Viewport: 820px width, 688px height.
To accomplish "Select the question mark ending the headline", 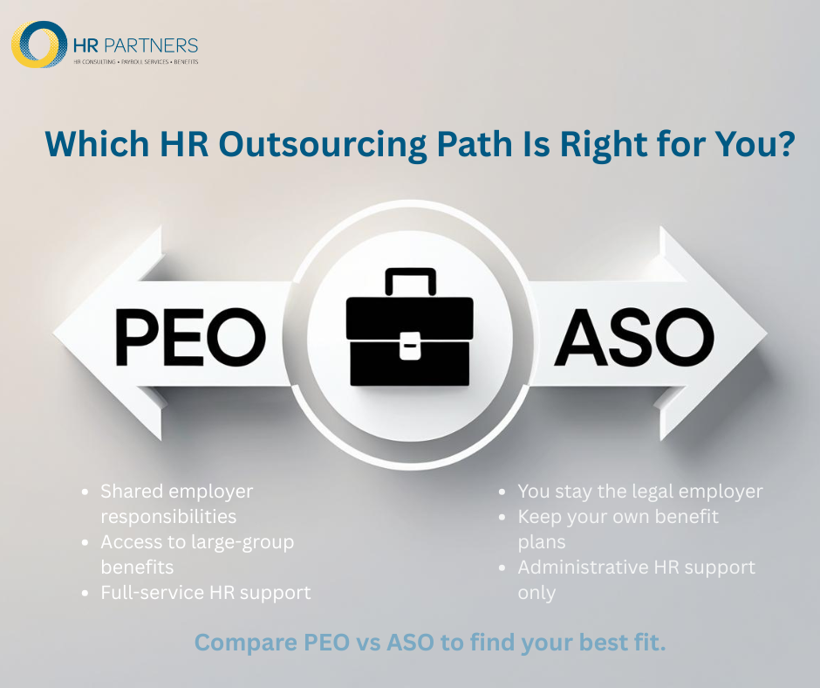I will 783,145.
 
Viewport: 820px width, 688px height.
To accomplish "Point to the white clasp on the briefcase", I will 409,348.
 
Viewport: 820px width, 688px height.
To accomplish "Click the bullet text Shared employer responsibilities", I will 177,504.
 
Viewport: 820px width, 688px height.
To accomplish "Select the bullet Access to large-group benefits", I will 197,554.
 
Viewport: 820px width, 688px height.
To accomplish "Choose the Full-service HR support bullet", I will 206,593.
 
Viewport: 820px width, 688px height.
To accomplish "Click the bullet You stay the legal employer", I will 640,492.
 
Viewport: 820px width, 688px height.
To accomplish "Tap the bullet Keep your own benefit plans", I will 618,529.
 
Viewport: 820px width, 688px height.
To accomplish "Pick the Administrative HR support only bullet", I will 636,580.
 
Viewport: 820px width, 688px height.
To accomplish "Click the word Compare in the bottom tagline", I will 234,643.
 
